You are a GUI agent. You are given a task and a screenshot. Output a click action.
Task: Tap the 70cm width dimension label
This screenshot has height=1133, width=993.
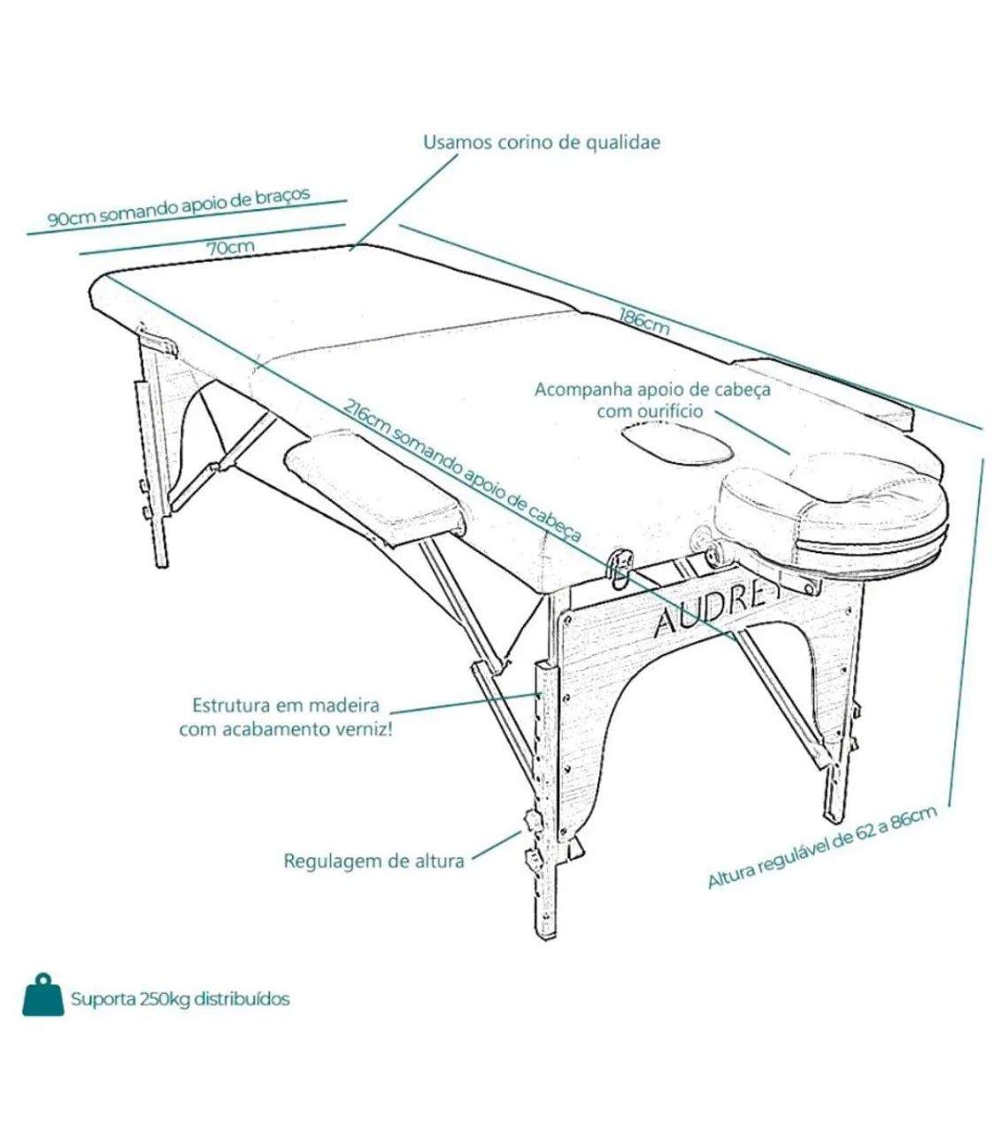pos(231,248)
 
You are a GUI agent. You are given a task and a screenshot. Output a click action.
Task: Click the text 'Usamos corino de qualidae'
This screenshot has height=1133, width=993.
pos(542,142)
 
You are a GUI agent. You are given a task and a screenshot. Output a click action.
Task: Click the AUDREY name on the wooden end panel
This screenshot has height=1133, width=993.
pos(709,612)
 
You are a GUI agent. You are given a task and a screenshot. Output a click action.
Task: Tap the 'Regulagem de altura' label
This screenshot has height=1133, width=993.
pos(374,861)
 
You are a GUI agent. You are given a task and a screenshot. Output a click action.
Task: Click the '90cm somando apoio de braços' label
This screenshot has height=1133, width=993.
pos(179,207)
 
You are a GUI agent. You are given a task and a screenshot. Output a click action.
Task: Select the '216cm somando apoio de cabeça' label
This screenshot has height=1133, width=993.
pos(462,471)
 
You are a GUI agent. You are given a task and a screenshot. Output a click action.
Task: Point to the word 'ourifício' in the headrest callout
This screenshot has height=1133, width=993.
pos(666,412)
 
